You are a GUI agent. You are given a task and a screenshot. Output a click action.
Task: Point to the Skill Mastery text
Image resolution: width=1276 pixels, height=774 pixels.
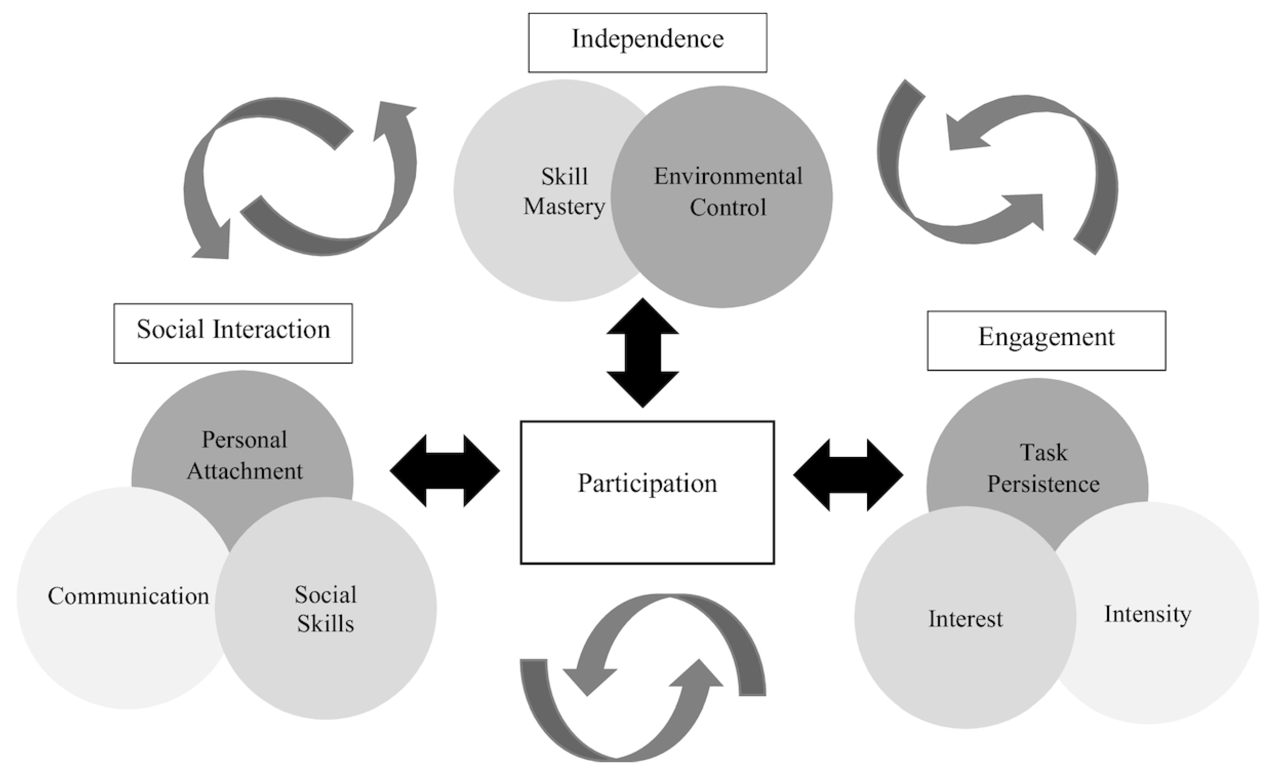click(x=564, y=191)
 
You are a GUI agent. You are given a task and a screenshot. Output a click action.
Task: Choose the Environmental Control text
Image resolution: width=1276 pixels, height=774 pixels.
click(x=728, y=191)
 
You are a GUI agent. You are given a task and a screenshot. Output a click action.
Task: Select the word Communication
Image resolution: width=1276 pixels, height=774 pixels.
click(x=128, y=596)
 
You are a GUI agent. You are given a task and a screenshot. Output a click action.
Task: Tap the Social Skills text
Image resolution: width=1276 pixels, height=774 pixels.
click(x=325, y=609)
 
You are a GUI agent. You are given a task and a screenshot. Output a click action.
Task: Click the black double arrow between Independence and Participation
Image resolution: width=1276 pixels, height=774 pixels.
click(x=643, y=352)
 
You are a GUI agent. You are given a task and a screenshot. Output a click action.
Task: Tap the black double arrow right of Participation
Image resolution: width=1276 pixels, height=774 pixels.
click(x=848, y=474)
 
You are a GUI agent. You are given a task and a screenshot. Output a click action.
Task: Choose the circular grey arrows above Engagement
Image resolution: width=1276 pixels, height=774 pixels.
click(x=997, y=168)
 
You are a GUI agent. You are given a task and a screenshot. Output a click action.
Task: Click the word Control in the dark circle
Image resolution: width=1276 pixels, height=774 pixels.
click(x=728, y=208)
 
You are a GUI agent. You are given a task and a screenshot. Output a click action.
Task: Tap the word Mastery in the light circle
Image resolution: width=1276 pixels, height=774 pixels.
click(x=564, y=207)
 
